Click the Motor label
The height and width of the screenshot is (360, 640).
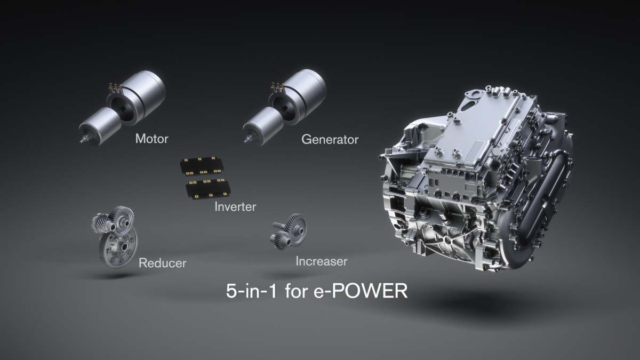point(151,139)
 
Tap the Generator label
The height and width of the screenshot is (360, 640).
point(330,140)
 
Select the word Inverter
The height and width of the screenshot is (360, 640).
point(235,206)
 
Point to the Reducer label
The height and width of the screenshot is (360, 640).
point(162,263)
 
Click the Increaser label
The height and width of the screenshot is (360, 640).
point(321,261)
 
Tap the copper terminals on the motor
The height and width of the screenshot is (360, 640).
point(114,86)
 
